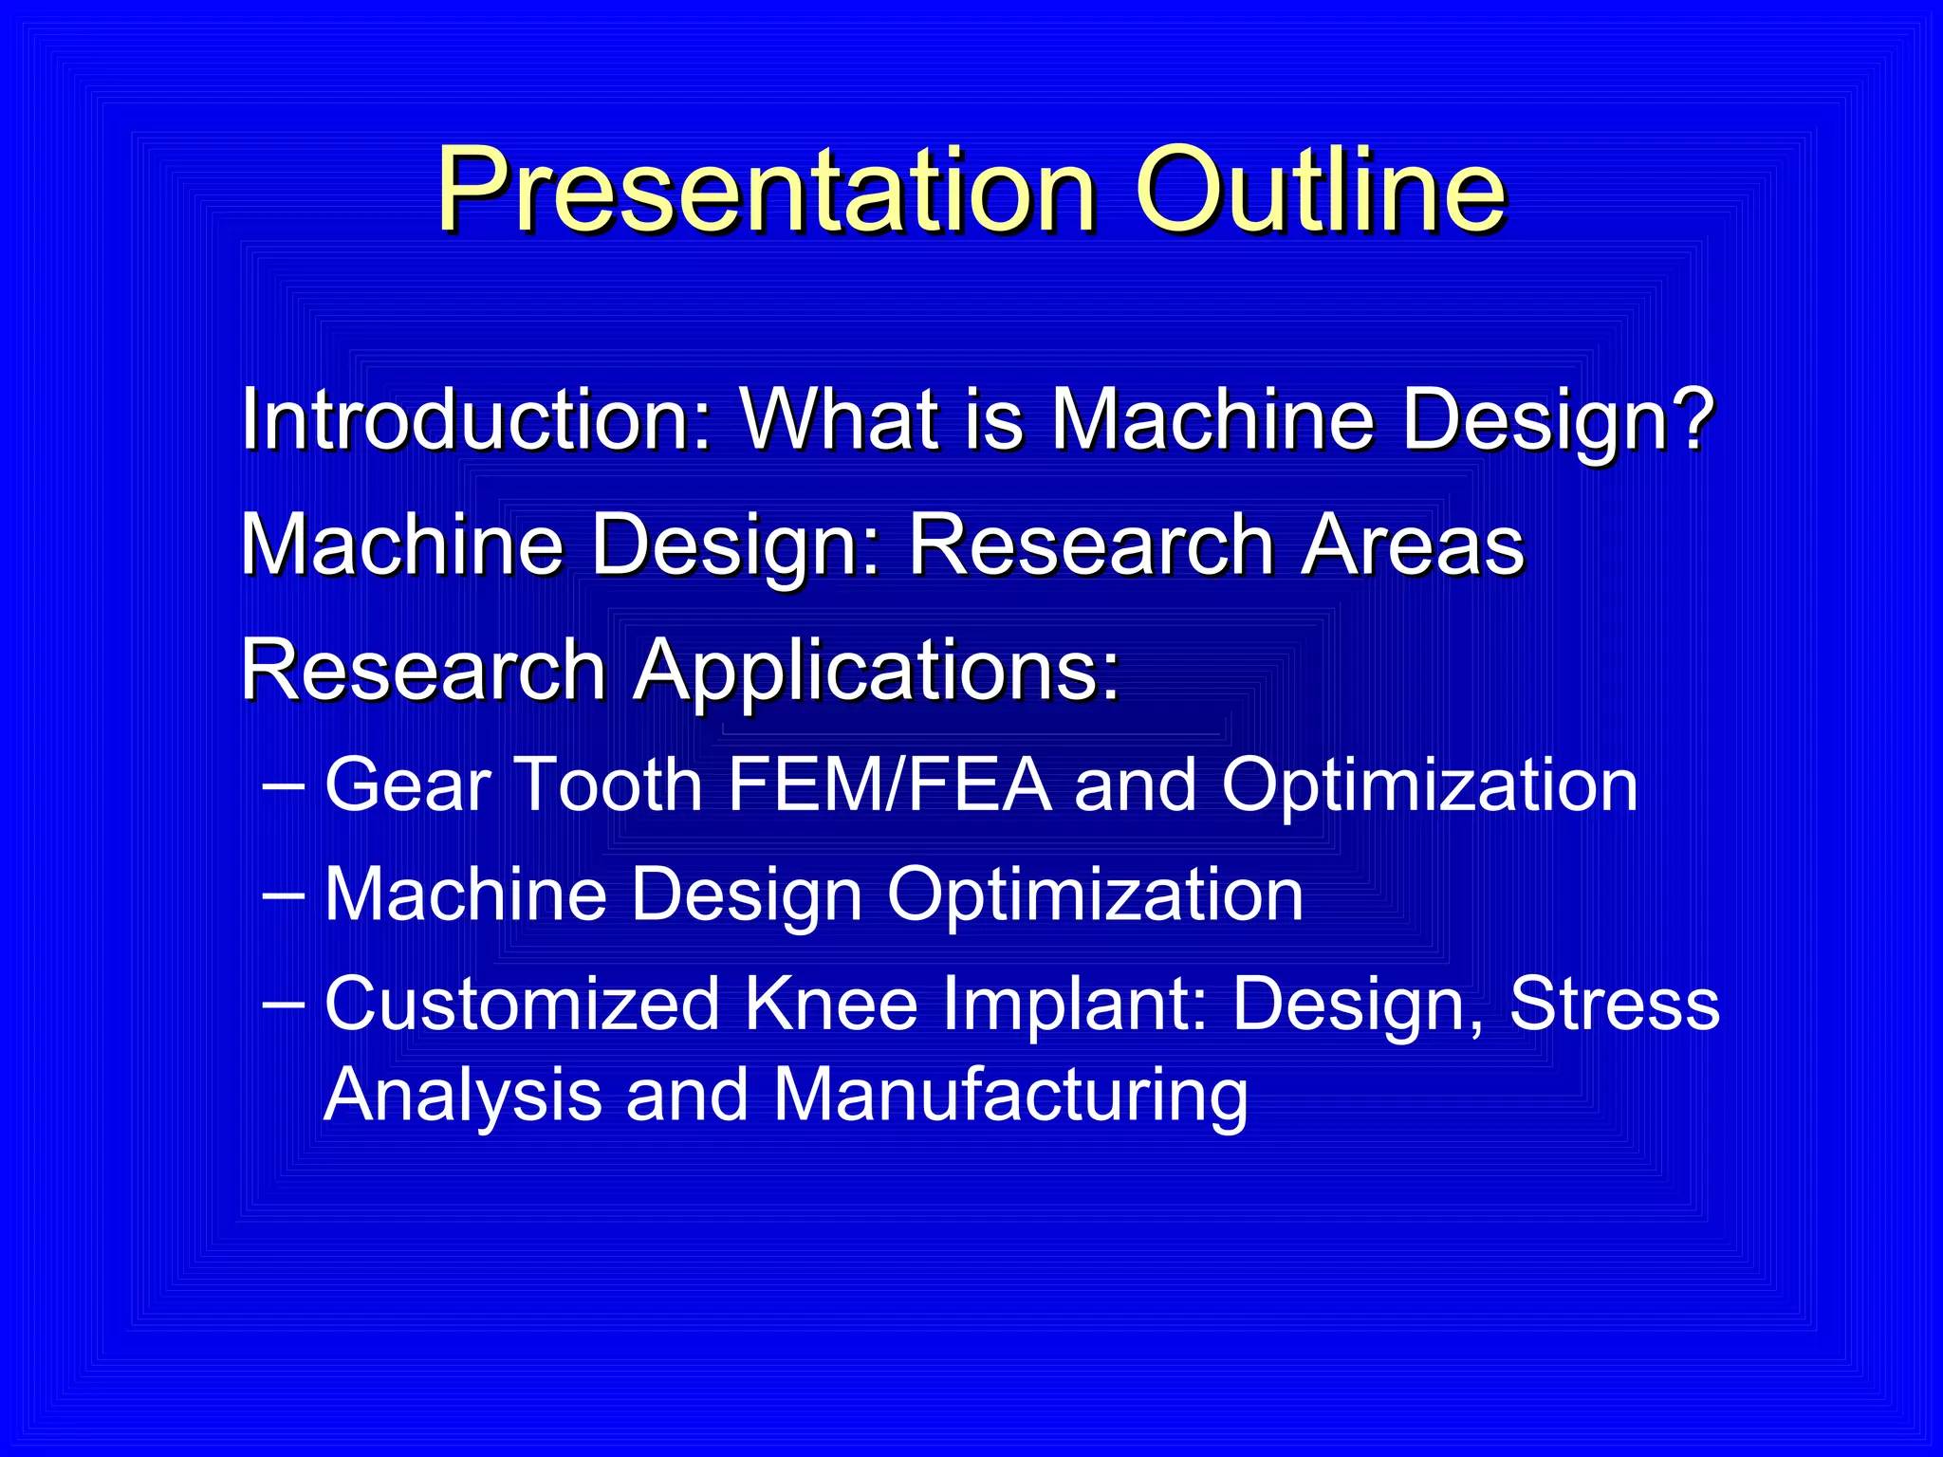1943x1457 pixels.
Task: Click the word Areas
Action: coord(1413,545)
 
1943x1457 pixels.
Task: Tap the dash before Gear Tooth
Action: coord(283,785)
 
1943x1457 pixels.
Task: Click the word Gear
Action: coord(408,785)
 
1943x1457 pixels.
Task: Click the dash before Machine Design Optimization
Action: coord(283,894)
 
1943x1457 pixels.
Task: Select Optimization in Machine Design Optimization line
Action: coord(1095,894)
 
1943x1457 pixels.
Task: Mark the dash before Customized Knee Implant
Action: coord(283,1004)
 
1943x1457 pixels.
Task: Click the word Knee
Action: coord(831,1004)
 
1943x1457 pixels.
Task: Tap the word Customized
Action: coord(522,1004)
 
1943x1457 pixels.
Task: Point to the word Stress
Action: coord(1614,1004)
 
